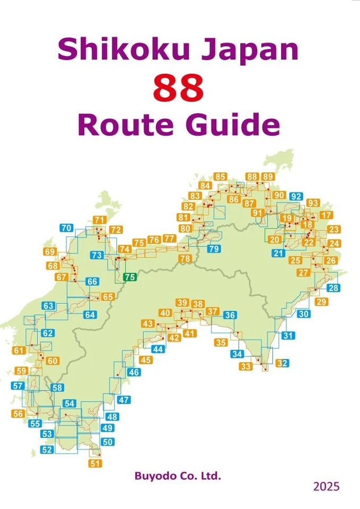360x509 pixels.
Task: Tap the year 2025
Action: coord(326,486)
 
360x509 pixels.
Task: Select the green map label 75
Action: coord(130,277)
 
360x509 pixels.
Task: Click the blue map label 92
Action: coord(296,197)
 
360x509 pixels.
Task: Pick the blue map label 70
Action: coord(66,229)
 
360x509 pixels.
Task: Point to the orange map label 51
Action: coord(95,463)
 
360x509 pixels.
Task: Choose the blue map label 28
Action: coord(333,288)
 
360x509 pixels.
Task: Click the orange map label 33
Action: coord(245,366)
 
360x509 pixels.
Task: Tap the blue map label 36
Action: coord(230,315)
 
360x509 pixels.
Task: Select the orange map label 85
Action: coord(221,177)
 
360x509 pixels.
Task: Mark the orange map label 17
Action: coord(327,215)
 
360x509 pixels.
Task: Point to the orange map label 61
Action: coord(20,350)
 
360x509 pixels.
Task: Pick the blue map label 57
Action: coord(17,386)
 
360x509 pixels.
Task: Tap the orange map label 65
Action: coord(108,297)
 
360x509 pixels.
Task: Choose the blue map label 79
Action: coord(214,249)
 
